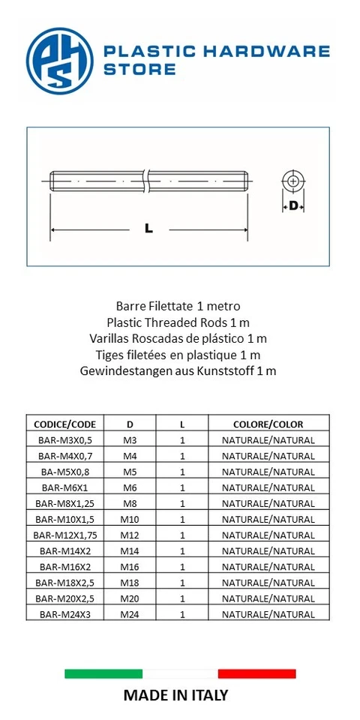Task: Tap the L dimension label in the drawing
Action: click(148, 229)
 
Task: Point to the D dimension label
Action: click(293, 205)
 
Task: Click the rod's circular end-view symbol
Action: click(292, 181)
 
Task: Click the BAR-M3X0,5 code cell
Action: click(65, 440)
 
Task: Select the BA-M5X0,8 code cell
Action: click(65, 472)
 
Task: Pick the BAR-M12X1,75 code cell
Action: click(65, 535)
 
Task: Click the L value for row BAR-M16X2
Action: click(182, 566)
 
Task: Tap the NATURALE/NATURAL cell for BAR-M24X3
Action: click(268, 614)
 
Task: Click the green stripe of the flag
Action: click(103, 673)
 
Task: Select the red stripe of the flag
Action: click(256, 673)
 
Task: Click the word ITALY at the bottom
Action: click(204, 695)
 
